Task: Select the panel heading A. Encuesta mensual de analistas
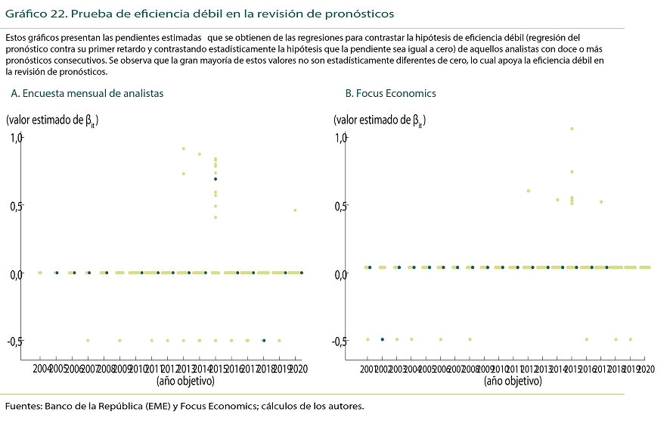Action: [87, 93]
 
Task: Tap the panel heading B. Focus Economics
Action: [390, 93]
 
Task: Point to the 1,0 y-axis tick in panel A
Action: [17, 137]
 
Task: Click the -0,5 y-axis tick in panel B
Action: [341, 341]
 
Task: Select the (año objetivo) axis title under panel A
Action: [185, 381]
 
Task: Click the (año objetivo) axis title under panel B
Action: [513, 381]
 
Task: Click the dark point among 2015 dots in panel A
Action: [216, 179]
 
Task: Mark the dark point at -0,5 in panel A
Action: [263, 341]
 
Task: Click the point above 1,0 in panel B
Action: [572, 129]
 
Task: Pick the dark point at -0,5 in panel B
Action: [383, 339]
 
